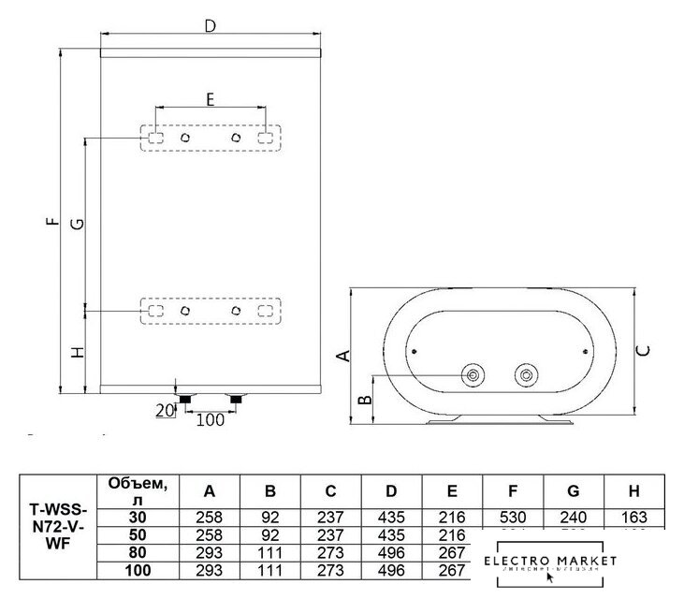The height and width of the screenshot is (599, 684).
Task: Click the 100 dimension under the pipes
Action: pyautogui.click(x=211, y=420)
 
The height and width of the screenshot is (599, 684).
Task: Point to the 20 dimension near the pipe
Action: pyautogui.click(x=165, y=410)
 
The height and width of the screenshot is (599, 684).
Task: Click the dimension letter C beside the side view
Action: pyautogui.click(x=645, y=350)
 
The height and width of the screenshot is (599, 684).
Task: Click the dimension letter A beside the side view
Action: pyautogui.click(x=343, y=355)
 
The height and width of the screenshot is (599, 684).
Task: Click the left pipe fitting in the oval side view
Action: pyautogui.click(x=475, y=376)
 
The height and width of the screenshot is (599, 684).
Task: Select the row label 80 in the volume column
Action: pyautogui.click(x=138, y=551)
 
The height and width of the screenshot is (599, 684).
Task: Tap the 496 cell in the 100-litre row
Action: pyautogui.click(x=391, y=569)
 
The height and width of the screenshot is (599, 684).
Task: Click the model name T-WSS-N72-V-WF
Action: pyautogui.click(x=59, y=531)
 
